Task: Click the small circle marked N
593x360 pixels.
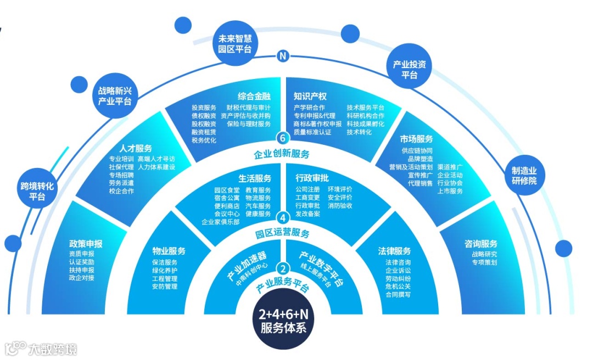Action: [282, 55]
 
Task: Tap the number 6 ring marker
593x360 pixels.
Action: [282, 137]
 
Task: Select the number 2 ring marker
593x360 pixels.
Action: [282, 269]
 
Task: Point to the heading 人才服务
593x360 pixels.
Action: [136, 148]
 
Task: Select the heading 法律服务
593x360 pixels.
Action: [394, 250]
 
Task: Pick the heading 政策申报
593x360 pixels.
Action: [86, 244]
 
